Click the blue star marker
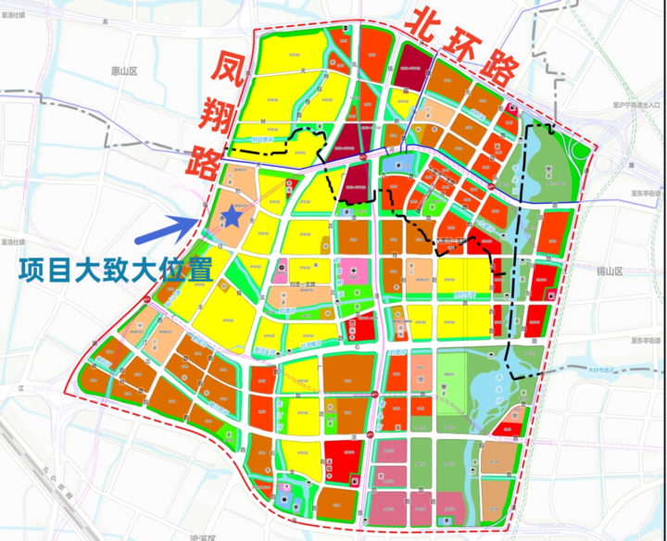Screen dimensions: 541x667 tap(233, 216)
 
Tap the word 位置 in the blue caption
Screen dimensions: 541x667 tap(182, 271)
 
